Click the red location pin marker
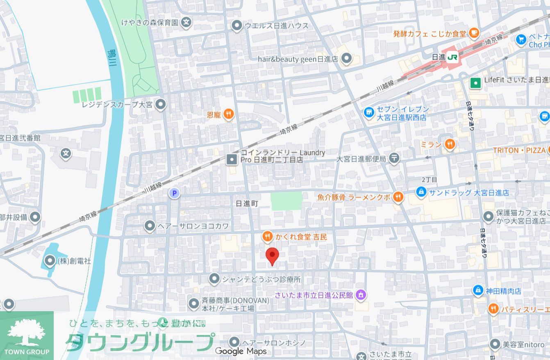click(272, 255)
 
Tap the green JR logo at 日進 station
click(452, 57)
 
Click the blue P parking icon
click(174, 193)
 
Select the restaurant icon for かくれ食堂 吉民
click(267, 236)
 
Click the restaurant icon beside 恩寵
click(229, 114)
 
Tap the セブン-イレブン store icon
click(369, 111)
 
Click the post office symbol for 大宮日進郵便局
click(394, 158)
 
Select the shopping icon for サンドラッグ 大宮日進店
click(420, 191)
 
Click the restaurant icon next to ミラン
click(450, 144)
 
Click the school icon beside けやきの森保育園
click(186, 22)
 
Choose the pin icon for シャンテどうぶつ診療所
click(214, 279)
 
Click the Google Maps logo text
click(241, 351)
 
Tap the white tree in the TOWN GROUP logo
click(27, 332)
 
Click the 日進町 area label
click(248, 203)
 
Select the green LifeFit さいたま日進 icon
click(475, 83)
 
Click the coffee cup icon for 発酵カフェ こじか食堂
click(474, 32)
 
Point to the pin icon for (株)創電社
click(50, 260)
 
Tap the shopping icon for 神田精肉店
click(477, 290)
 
